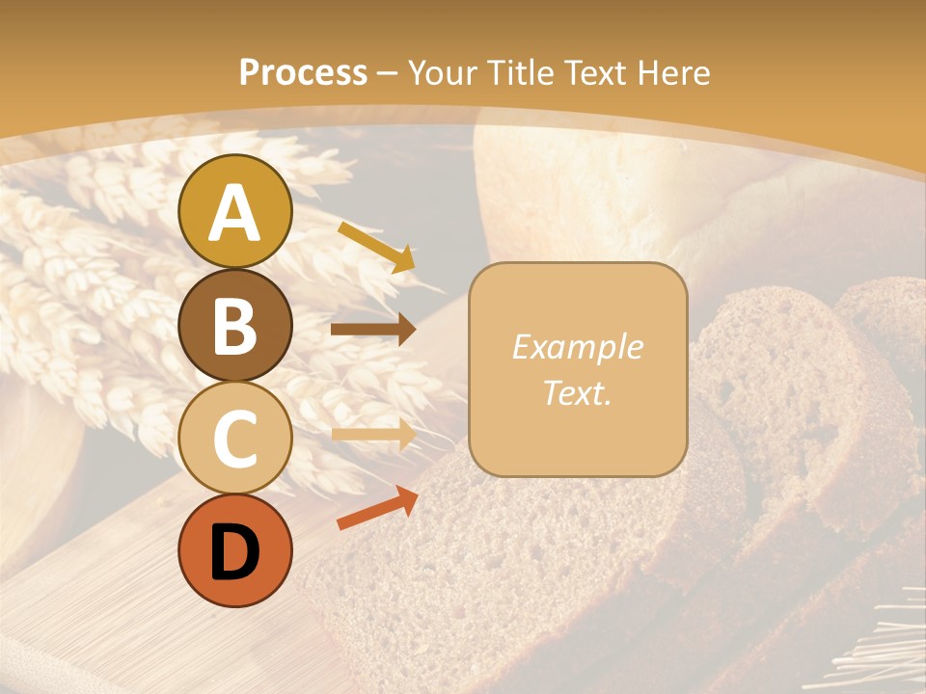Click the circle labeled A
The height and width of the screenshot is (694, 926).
tap(234, 211)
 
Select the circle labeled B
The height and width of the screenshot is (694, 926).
tap(234, 325)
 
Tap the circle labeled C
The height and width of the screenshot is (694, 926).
tap(234, 439)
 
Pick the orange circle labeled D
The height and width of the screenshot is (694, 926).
tap(234, 551)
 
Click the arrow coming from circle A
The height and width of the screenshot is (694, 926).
tap(376, 245)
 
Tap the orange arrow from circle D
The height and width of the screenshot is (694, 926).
tap(377, 508)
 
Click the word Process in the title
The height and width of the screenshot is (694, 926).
tap(303, 72)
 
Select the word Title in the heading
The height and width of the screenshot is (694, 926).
tap(521, 72)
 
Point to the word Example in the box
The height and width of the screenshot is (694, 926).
tap(578, 347)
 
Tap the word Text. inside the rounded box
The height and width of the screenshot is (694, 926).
tap(578, 392)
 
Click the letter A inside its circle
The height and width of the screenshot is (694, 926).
tap(234, 213)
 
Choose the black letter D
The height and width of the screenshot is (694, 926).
tap(234, 552)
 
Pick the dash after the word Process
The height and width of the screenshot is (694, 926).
tap(388, 74)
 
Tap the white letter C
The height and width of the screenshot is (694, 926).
tap(234, 440)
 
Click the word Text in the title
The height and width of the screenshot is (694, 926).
tap(595, 72)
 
